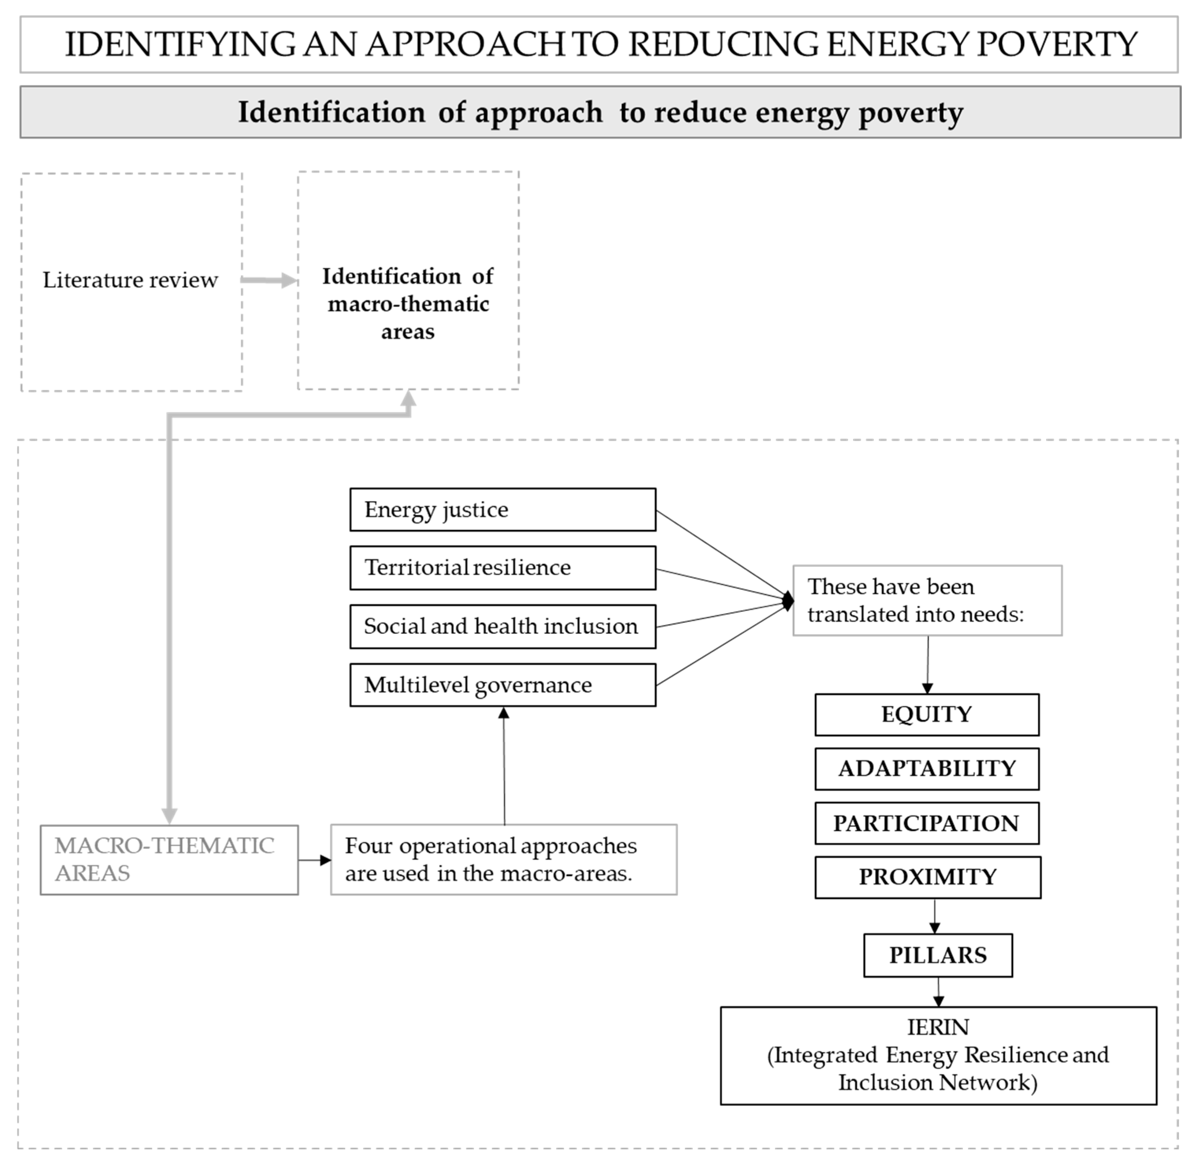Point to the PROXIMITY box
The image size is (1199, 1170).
tap(927, 877)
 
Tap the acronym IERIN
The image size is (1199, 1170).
tap(938, 1027)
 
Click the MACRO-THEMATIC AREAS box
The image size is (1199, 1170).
tap(169, 860)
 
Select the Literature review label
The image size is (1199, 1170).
tap(130, 280)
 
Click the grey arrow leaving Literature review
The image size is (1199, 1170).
tap(268, 280)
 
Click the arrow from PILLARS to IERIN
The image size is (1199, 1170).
tap(938, 992)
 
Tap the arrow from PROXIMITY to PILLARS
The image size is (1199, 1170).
tap(935, 917)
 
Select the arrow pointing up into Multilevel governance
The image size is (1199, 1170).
tap(504, 765)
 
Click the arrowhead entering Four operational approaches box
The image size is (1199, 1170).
tap(325, 860)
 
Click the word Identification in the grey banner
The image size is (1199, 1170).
tap(331, 112)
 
